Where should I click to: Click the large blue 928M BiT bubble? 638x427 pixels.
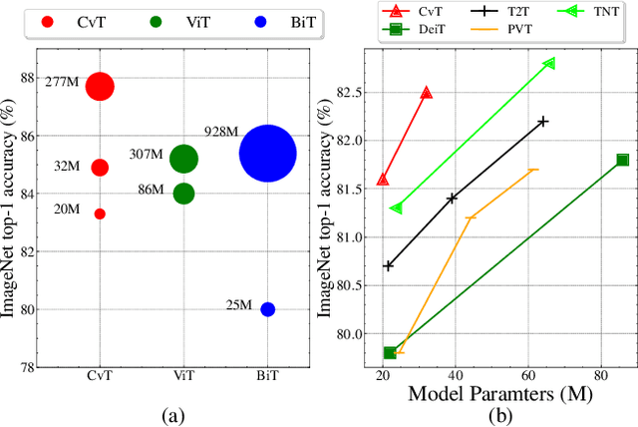pyautogui.click(x=267, y=154)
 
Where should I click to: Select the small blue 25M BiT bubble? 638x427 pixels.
pyautogui.click(x=267, y=309)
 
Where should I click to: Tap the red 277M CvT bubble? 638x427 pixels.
pyautogui.click(x=100, y=87)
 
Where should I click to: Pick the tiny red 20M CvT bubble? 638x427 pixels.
pyautogui.click(x=100, y=213)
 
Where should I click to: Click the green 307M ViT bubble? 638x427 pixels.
pyautogui.click(x=183, y=158)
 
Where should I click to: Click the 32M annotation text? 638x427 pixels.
pyautogui.click(x=67, y=167)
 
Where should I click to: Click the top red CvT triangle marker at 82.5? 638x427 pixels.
pyautogui.click(x=426, y=92)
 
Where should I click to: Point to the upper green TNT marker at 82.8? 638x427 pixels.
pyautogui.click(x=549, y=64)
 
